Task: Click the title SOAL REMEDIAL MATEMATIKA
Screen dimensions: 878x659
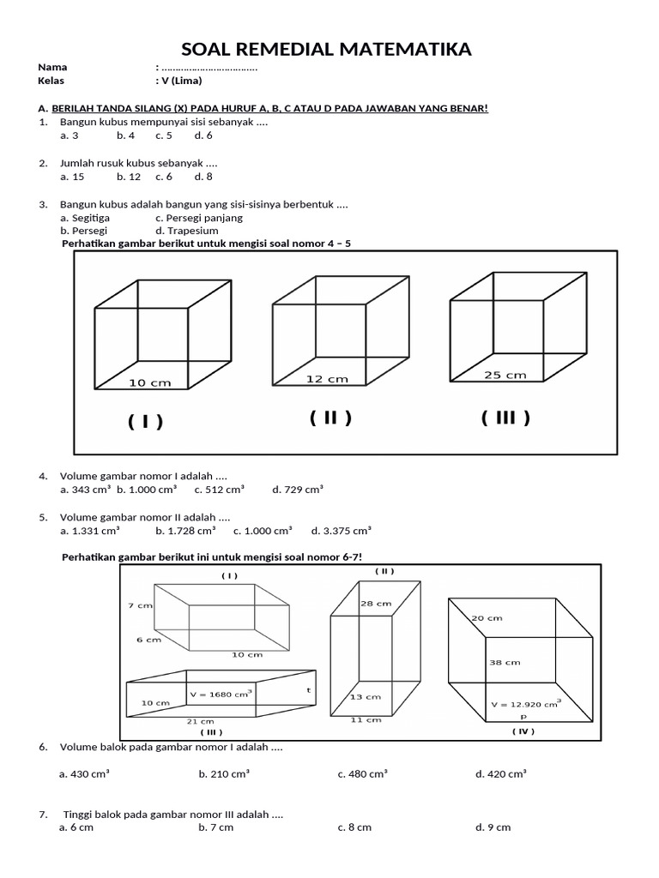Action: (329, 49)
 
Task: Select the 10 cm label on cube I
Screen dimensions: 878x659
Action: (149, 382)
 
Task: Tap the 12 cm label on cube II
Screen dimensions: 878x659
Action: (327, 378)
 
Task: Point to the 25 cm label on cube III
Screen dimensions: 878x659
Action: (505, 375)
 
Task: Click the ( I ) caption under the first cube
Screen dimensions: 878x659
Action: (146, 421)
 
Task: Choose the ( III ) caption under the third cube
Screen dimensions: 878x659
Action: (505, 418)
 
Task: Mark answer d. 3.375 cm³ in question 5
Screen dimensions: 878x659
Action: (341, 530)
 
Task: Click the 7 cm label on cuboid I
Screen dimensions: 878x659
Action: (140, 605)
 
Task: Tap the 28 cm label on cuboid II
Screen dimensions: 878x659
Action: (371, 604)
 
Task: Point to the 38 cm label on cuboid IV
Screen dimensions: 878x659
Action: (505, 662)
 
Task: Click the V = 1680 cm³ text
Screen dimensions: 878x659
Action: (219, 694)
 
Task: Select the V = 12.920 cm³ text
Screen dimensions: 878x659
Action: (525, 703)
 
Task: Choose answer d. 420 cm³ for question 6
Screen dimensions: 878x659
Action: (501, 773)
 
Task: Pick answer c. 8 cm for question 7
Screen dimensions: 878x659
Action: (354, 827)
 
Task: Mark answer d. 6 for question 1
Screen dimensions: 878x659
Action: (203, 135)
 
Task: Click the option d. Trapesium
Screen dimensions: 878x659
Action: (186, 231)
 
